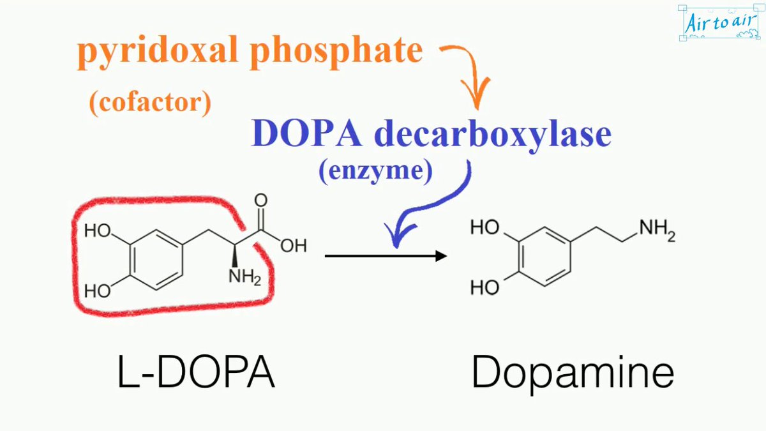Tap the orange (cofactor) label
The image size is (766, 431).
click(150, 102)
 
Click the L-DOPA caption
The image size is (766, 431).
click(196, 373)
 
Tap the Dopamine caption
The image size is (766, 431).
click(573, 373)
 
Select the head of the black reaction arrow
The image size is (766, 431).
click(440, 256)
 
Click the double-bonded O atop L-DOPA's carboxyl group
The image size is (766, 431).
click(261, 200)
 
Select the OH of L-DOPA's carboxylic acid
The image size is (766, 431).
click(294, 246)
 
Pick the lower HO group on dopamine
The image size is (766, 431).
click(484, 287)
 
